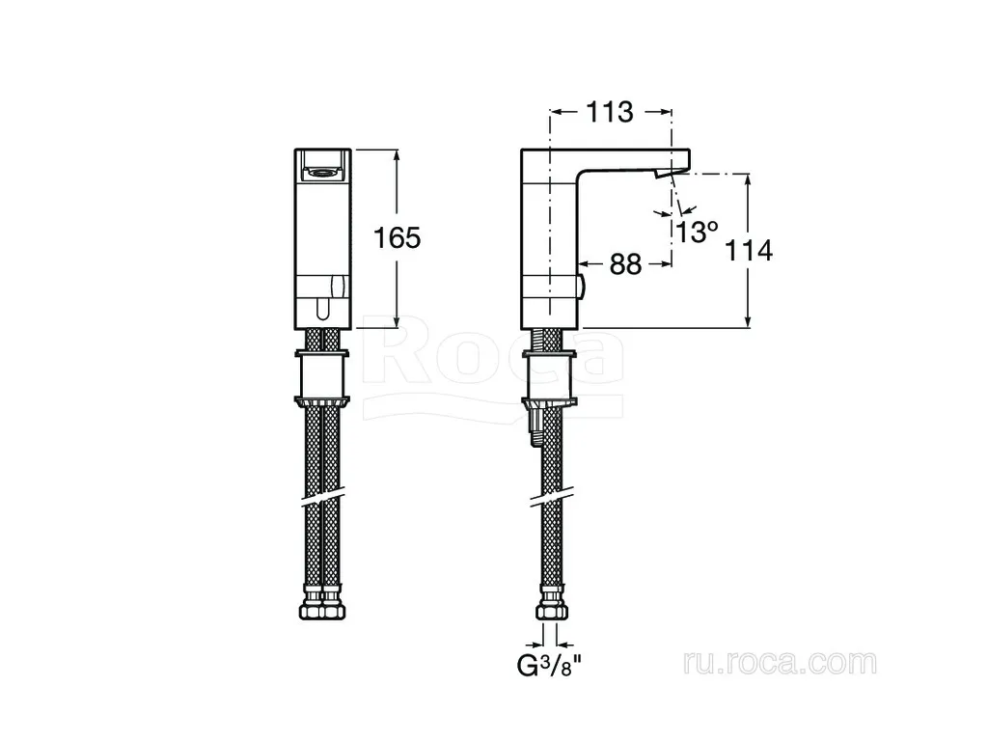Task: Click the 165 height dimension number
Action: coord(397,238)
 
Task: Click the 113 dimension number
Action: coord(610,112)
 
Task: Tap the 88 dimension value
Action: coord(625,264)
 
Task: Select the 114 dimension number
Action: coord(749,251)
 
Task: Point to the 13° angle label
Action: coord(698,232)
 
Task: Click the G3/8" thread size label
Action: coord(548,665)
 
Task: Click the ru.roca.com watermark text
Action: coord(780,663)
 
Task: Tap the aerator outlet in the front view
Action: coord(322,170)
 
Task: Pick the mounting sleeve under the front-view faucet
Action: coord(322,377)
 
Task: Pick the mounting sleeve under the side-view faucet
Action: coord(549,377)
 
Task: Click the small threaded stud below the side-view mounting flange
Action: coord(535,427)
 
